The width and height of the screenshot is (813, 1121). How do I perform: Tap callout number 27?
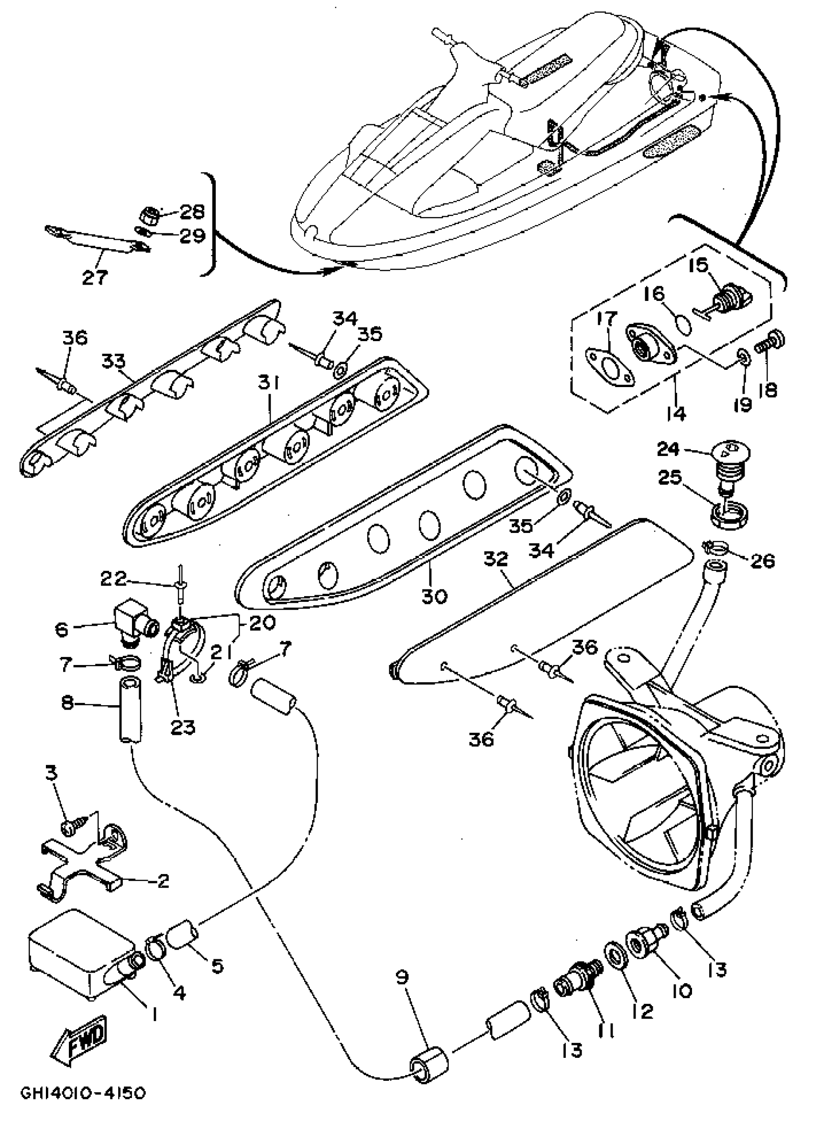point(94,277)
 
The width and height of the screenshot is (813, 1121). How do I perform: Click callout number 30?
point(434,595)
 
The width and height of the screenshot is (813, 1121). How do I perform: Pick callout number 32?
point(496,559)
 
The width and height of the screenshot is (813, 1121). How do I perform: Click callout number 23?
point(183,726)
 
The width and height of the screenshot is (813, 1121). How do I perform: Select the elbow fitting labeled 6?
point(132,623)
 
